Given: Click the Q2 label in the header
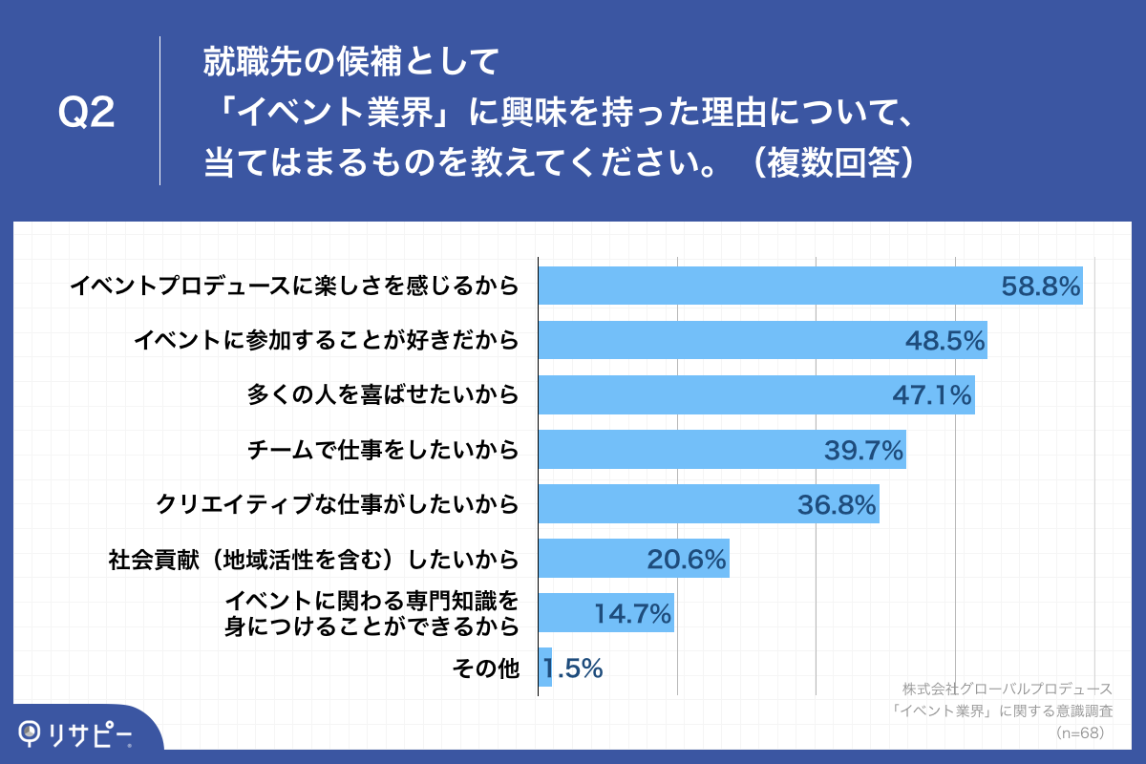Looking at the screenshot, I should (87, 114).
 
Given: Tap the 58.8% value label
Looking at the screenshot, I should (1040, 286).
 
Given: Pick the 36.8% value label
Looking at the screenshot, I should (837, 504).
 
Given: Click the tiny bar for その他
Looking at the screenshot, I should (545, 668).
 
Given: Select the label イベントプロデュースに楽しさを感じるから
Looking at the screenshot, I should (295, 286).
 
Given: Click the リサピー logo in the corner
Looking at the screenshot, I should (76, 732).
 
